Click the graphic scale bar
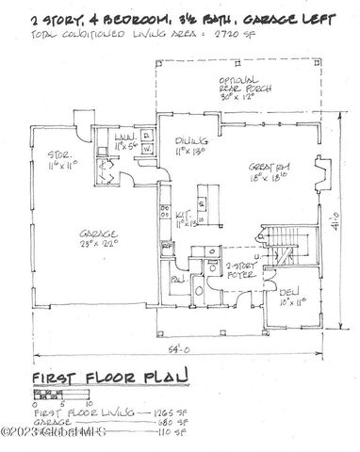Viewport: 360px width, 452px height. point(55,395)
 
